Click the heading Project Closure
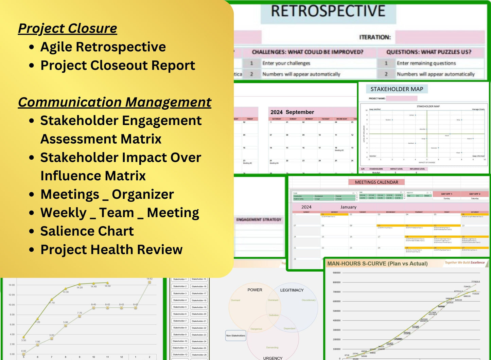67,29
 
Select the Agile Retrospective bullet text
103,47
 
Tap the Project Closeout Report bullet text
118,65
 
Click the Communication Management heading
115,102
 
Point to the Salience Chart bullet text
87,231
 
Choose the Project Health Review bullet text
111,250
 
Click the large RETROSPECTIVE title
328,11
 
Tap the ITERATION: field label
375,37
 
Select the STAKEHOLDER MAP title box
397,89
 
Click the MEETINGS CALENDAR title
376,182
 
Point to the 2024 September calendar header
292,112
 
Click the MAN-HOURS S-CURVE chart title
377,264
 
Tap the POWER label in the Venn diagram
255,290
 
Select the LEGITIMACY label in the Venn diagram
292,290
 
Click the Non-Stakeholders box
235,336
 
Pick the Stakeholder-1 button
180,280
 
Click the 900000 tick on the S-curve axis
336,273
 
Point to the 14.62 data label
150,279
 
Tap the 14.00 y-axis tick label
12,285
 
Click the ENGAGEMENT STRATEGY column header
259,220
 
